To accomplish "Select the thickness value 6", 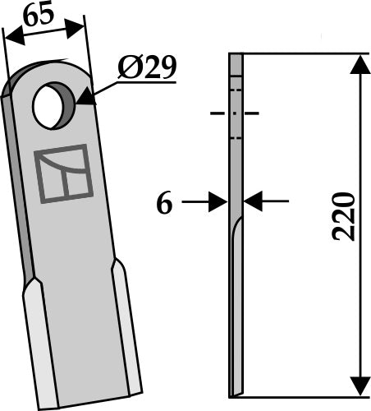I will (x=165, y=203).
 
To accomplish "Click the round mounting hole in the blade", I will (x=53, y=106).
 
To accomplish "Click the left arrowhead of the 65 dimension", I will (x=11, y=38).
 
